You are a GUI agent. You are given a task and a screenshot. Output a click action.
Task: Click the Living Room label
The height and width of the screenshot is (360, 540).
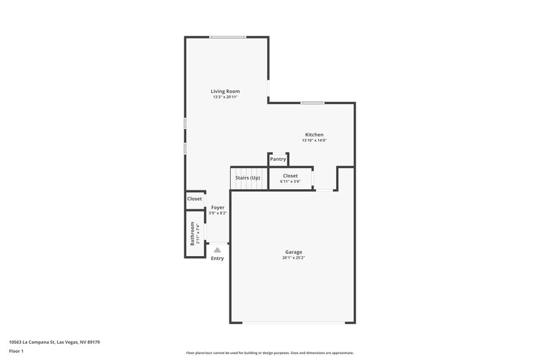[225, 91]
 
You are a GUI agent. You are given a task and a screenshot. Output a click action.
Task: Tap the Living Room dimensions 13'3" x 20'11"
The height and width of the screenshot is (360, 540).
[225, 97]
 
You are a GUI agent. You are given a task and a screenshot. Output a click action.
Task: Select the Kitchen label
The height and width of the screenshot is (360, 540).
[314, 134]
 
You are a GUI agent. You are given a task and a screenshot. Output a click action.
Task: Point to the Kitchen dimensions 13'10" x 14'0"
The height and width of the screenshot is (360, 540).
[314, 140]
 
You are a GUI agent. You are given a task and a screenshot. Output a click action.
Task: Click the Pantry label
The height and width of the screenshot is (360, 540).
[278, 159]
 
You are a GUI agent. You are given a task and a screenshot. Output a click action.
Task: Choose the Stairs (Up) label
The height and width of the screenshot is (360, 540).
[247, 178]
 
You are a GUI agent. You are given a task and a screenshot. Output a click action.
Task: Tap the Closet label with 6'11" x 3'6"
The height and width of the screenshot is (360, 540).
[290, 176]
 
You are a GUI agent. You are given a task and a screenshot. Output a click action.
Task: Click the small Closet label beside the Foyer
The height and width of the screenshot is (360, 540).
[194, 199]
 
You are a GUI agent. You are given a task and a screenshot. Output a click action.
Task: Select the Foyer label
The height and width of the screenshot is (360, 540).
[217, 207]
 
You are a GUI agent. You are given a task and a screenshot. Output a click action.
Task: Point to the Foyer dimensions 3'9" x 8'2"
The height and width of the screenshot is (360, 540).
[217, 213]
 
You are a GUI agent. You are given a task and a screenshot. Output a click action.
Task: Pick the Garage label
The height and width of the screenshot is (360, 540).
[293, 252]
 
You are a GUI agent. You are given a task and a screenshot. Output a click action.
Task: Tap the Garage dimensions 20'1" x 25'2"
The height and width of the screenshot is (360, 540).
[293, 258]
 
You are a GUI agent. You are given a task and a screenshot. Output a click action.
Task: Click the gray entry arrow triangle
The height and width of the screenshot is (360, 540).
[217, 249]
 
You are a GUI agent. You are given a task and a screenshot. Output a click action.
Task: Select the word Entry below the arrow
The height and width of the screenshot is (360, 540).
[217, 259]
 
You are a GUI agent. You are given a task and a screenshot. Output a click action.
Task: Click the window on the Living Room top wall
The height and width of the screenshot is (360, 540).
[227, 36]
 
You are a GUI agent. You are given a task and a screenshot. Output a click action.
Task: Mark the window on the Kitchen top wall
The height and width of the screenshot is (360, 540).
[313, 103]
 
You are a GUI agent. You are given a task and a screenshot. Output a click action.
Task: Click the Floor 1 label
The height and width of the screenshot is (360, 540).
[16, 352]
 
